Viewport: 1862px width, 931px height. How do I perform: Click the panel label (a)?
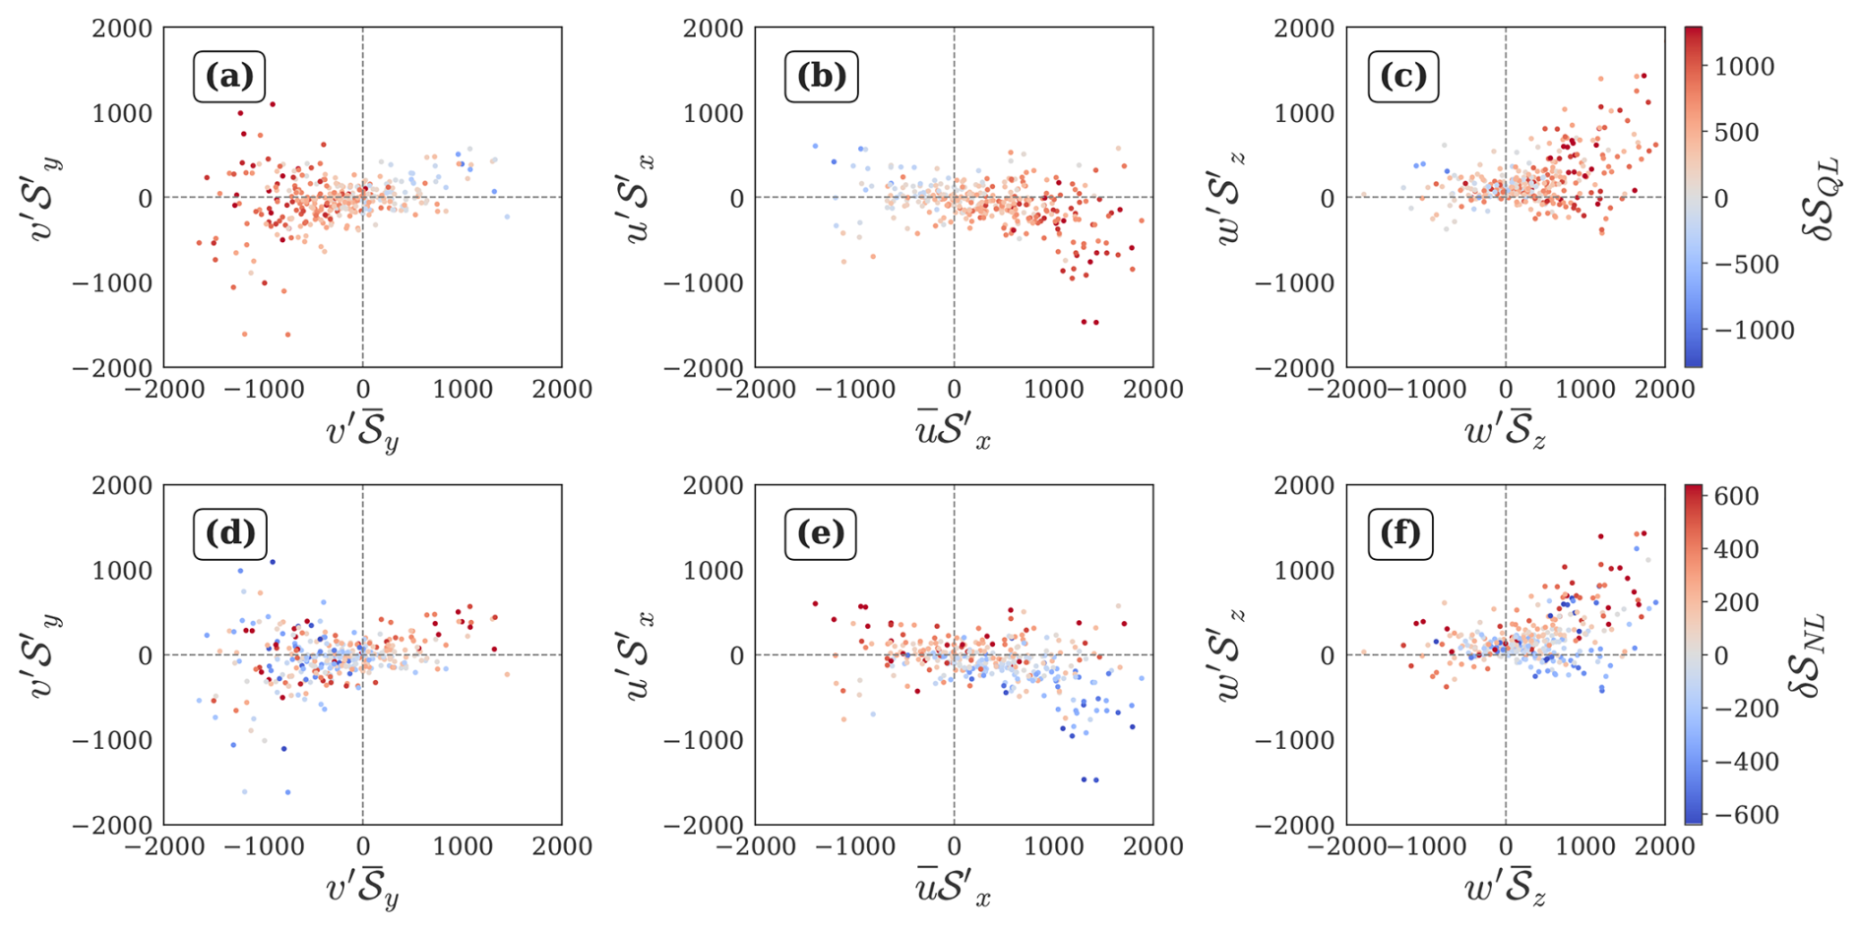coord(229,77)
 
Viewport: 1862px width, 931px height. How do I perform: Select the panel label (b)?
coord(821,77)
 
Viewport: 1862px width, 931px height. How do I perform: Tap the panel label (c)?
coord(1403,77)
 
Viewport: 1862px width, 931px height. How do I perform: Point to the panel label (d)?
coord(229,533)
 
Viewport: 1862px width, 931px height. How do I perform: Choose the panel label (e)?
coord(821,533)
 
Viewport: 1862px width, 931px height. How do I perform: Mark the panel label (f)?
coord(1400,533)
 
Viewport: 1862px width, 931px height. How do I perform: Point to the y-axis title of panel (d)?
coord(45,654)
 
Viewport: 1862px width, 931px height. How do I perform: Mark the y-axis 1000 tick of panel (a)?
coord(122,113)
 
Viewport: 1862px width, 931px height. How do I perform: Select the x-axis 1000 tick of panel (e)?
coord(1052,846)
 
